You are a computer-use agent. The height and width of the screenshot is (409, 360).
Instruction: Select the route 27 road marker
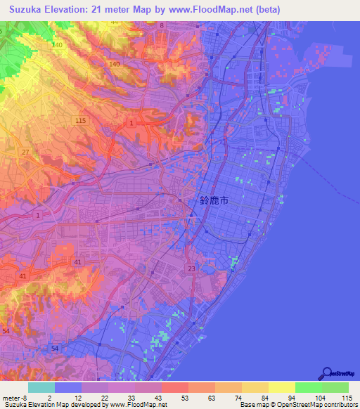click(26, 152)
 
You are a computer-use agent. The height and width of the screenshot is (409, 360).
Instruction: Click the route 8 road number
click(162, 25)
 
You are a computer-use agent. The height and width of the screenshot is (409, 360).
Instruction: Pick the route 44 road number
click(114, 22)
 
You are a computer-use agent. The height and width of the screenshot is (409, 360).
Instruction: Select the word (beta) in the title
click(263, 9)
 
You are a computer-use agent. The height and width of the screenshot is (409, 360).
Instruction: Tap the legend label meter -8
click(14, 398)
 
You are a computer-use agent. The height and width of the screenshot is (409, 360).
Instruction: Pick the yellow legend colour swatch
click(281, 387)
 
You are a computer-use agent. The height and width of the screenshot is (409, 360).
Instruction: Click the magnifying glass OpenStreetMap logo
click(326, 375)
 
